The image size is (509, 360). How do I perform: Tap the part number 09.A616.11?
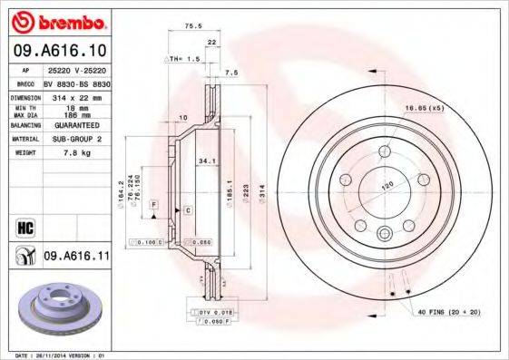(76, 258)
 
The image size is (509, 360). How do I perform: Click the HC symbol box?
(24, 228)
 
